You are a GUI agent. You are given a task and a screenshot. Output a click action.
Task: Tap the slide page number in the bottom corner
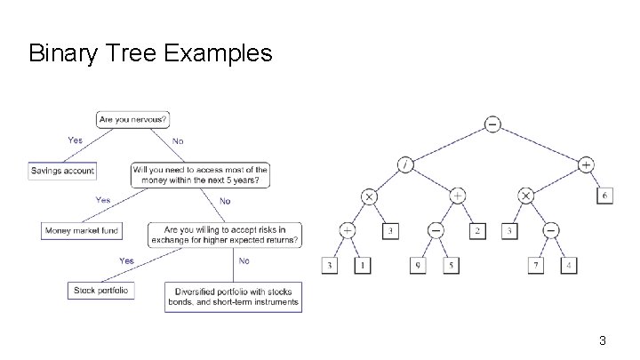[603, 340]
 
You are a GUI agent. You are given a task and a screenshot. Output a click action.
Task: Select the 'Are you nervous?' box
[133, 119]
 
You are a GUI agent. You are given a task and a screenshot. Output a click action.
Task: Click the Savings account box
[61, 170]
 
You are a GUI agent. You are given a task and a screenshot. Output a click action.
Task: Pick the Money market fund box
[81, 230]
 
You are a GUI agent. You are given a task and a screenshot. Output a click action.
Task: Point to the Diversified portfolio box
[234, 296]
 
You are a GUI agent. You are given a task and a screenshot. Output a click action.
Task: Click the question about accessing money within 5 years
[200, 174]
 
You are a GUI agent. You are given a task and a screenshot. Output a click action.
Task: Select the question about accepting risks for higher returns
[223, 235]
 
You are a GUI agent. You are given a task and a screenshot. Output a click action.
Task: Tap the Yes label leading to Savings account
[76, 140]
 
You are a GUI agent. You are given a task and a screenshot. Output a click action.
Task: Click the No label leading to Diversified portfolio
[244, 260]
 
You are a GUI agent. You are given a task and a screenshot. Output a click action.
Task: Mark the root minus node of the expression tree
[492, 124]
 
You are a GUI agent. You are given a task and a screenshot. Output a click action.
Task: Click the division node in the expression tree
[406, 164]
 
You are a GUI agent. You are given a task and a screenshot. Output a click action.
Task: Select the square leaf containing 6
[604, 196]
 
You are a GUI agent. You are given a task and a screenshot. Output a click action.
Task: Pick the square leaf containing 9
[417, 265]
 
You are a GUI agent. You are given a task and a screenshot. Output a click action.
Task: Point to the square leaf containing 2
[478, 230]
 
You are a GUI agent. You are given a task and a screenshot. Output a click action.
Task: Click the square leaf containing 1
[363, 265]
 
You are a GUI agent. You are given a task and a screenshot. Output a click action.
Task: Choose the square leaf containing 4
[568, 265]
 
